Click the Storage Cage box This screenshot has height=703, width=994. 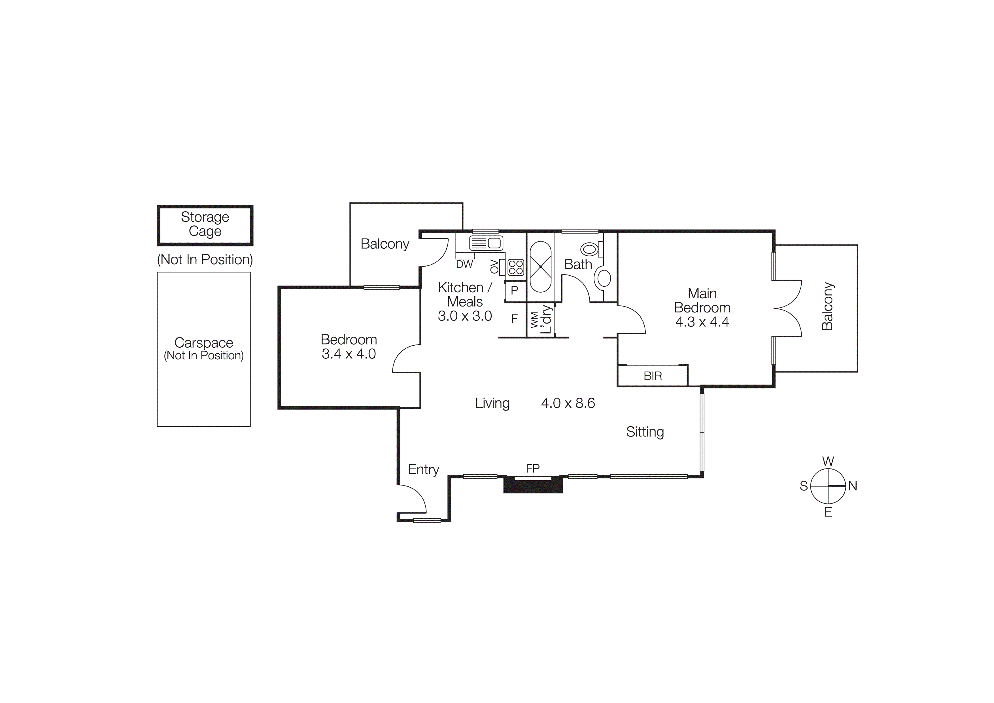coord(205,225)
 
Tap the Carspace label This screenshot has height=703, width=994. coord(203,343)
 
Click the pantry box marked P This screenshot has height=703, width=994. coord(514,290)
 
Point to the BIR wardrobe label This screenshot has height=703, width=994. coord(653,376)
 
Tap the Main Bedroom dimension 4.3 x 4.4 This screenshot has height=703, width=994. coord(702,322)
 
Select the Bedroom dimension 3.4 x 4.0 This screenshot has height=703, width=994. coord(349,354)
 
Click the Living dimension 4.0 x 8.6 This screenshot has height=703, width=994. coord(568,403)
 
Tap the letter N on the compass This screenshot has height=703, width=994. coord(852,486)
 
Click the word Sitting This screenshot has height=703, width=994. coord(645,432)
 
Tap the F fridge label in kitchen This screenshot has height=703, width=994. coord(514,319)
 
